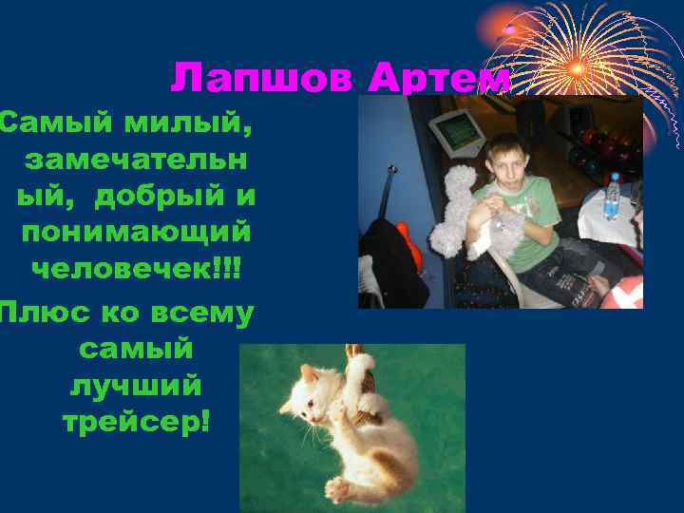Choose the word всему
coord(199,313)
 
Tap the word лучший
coord(136,386)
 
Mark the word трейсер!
coord(136,422)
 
